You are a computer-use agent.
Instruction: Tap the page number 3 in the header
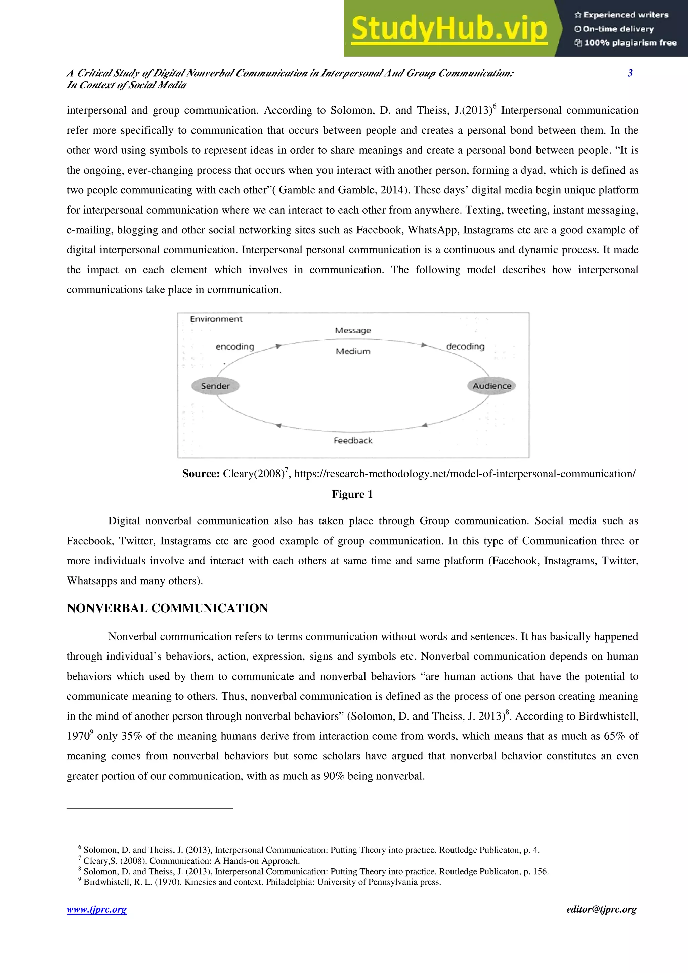point(630,73)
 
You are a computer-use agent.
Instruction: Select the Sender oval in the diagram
point(215,386)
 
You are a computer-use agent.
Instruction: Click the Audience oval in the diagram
point(492,386)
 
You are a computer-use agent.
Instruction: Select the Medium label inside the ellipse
point(353,351)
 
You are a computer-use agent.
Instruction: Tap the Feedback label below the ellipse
point(353,441)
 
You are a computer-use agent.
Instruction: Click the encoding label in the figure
point(235,346)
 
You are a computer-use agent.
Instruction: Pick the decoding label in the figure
point(465,346)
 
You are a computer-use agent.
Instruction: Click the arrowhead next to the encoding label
point(278,346)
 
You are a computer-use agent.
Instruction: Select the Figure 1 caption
point(352,494)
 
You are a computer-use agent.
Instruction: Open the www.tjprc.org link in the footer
point(97,910)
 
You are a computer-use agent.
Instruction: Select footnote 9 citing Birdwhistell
point(262,882)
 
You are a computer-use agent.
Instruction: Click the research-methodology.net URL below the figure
point(465,474)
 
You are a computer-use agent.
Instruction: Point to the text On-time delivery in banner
point(618,29)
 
